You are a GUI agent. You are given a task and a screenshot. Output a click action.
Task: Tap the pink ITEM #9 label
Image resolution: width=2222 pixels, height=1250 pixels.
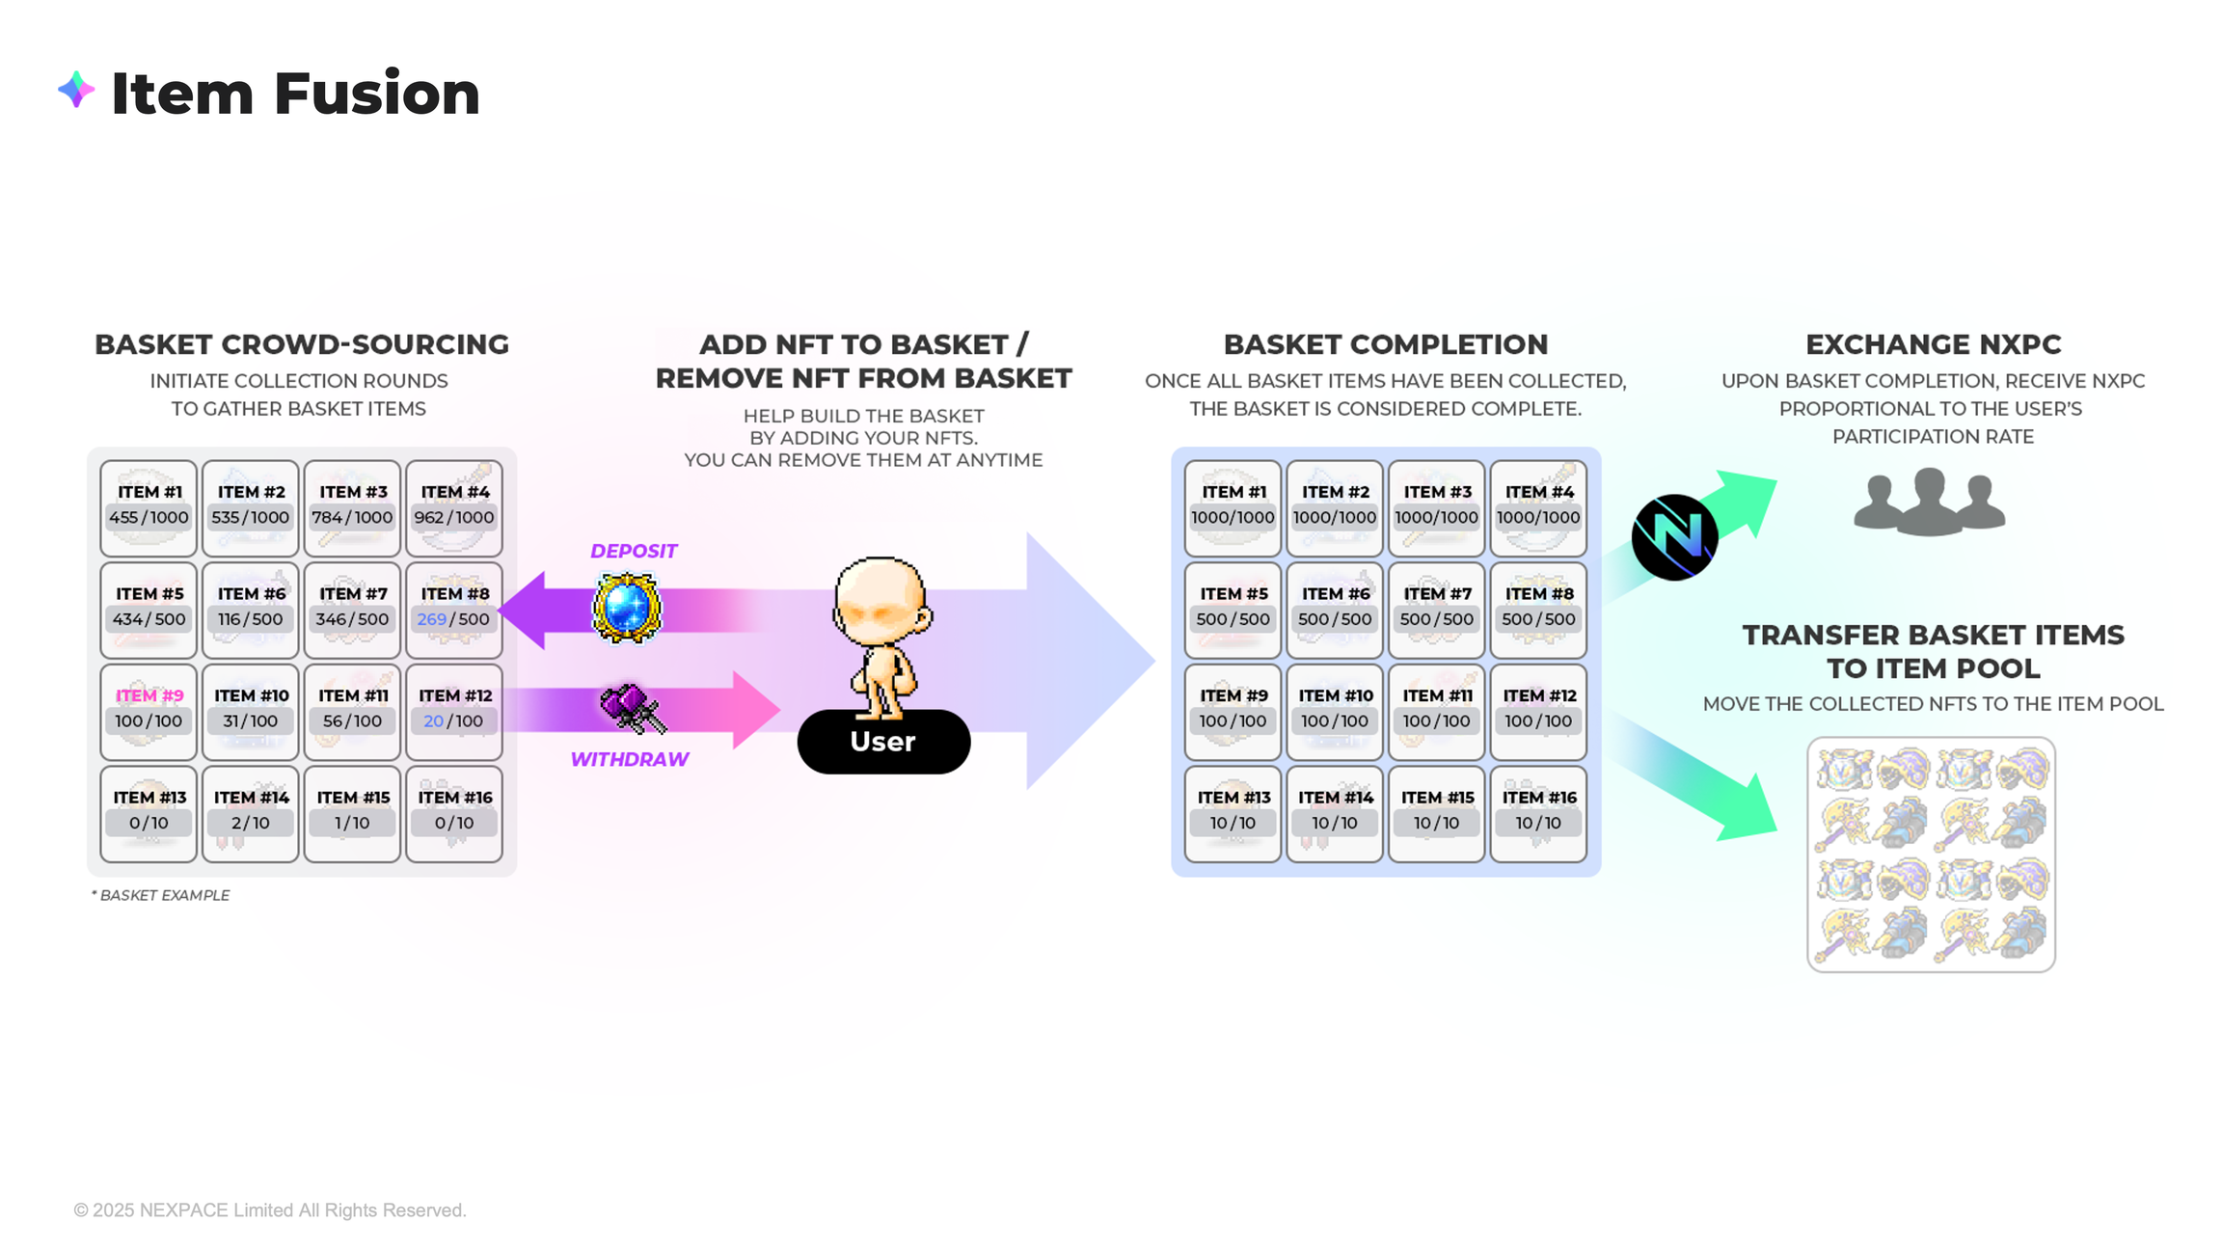(x=149, y=695)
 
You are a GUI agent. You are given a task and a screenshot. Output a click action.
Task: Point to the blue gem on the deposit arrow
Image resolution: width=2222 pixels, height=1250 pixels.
(x=627, y=608)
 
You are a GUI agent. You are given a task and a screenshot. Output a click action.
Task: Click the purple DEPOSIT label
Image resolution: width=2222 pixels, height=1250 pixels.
(x=634, y=551)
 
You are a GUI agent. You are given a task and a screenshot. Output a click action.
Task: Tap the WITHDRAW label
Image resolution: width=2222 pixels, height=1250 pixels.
(x=629, y=759)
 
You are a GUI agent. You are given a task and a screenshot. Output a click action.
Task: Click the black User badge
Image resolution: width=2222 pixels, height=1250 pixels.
(x=883, y=741)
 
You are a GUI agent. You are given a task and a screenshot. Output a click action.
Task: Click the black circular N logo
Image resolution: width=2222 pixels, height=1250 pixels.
(x=1674, y=537)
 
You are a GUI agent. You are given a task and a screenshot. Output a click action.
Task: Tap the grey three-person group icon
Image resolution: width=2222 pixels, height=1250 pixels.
(x=1929, y=502)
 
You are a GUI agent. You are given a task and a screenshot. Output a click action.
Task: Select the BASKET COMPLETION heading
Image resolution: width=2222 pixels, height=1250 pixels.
(x=1385, y=344)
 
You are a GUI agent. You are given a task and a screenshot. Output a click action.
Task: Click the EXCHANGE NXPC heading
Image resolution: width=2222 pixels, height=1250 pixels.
(x=1933, y=344)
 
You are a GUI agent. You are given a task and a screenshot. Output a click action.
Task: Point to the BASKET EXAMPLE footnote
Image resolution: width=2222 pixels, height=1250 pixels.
(x=161, y=895)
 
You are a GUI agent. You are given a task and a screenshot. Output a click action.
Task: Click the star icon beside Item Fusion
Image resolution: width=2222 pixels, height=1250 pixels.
(x=76, y=91)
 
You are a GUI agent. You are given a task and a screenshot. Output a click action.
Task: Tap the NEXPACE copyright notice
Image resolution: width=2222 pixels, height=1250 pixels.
(x=270, y=1209)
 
